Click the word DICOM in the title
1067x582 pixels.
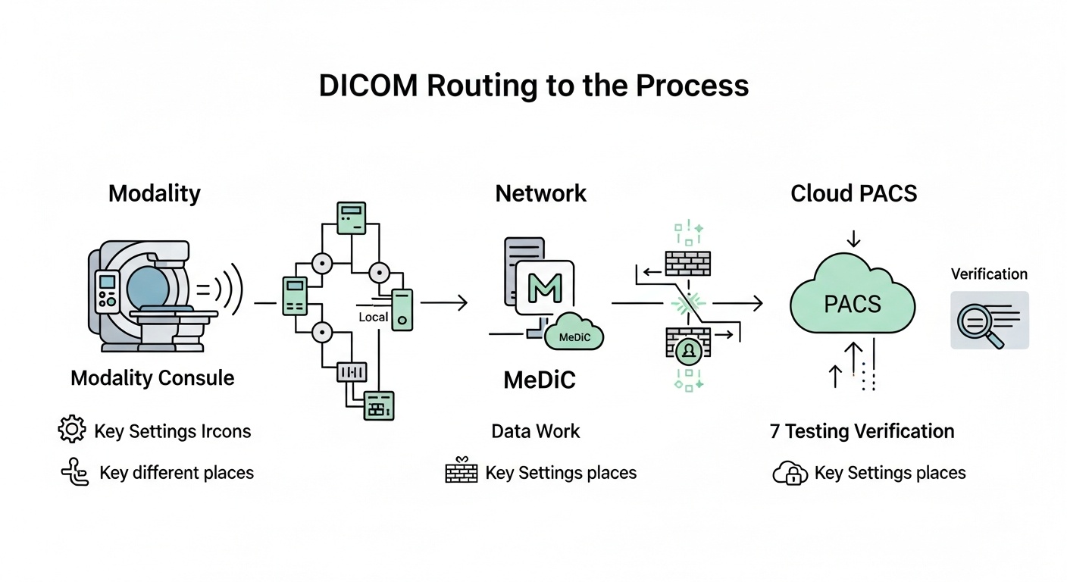pos(368,86)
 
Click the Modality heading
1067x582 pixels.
pos(154,193)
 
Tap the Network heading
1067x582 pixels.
pos(540,193)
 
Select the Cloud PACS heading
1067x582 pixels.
pos(853,193)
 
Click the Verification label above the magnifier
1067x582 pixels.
pos(989,274)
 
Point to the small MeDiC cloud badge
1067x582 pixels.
pos(574,335)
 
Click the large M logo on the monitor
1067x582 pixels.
pos(543,289)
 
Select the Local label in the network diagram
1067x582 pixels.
pos(373,317)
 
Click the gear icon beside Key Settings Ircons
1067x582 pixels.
pos(72,430)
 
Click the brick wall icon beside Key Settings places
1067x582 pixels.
pos(461,472)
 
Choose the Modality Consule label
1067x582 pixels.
pos(152,378)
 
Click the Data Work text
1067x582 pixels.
pos(535,431)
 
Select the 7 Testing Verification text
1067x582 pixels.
pos(862,431)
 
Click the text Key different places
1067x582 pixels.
pos(177,473)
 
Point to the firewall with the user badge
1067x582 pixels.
pos(688,345)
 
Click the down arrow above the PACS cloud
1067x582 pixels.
pos(853,238)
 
